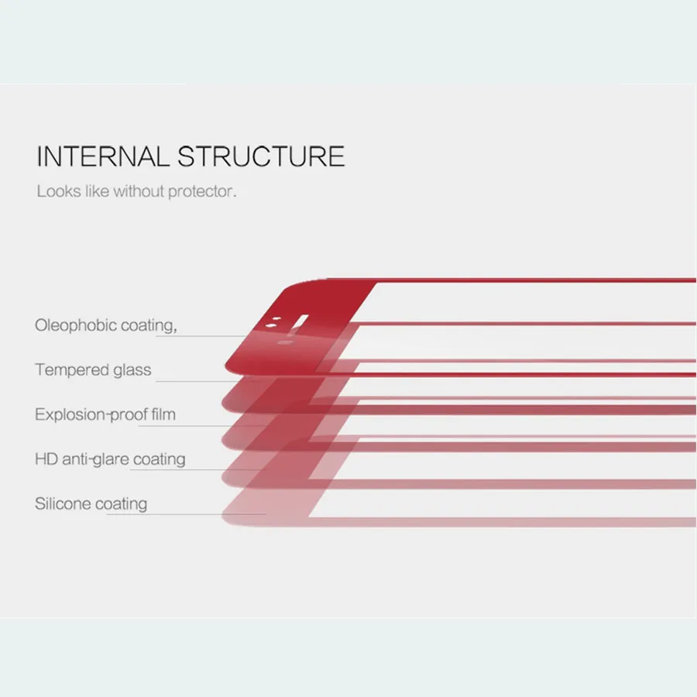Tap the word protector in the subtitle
click(203, 191)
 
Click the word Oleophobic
click(76, 325)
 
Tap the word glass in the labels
click(132, 370)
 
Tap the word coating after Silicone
click(121, 504)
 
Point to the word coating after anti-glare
click(160, 459)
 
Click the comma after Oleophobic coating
click(176, 328)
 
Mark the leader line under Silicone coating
click(186, 515)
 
